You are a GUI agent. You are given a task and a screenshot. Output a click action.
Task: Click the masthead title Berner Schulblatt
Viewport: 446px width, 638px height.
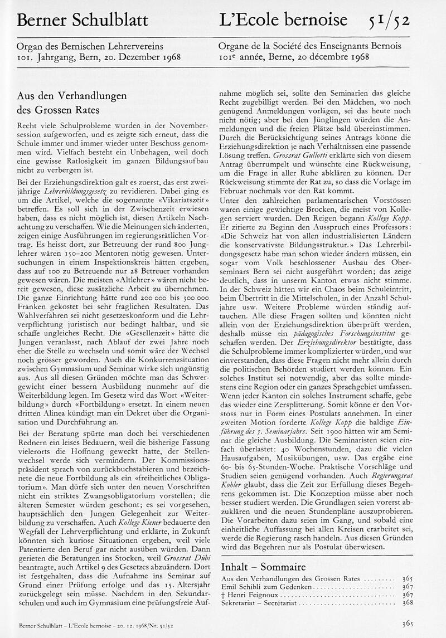[x=83, y=21]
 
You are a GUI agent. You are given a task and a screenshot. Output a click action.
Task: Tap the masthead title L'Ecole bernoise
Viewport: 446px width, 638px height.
[x=284, y=21]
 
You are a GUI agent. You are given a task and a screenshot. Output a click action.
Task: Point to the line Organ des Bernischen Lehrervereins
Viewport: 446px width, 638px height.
[x=90, y=47]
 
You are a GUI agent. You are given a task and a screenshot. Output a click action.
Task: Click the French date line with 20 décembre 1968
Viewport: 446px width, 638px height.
[x=295, y=57]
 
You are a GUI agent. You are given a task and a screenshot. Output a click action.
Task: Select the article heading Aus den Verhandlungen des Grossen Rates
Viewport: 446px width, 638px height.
[x=72, y=103]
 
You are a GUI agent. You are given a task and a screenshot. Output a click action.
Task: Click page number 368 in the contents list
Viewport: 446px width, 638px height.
[x=408, y=602]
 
